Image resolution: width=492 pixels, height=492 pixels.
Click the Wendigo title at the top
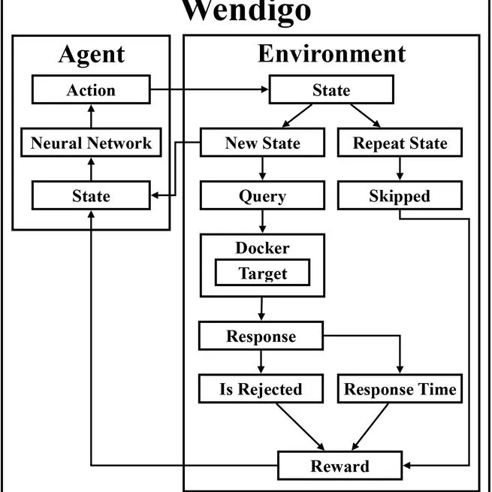246,11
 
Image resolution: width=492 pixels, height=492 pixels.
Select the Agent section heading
91,55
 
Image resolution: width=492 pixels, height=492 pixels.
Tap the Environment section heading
331,54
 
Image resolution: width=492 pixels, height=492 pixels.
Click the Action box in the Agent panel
91,91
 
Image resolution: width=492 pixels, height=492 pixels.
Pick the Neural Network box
91,143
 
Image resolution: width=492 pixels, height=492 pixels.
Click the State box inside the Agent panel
91,196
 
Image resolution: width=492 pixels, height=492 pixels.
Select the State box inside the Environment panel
331,91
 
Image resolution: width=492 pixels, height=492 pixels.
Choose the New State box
262,143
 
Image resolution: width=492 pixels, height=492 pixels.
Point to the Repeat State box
400,143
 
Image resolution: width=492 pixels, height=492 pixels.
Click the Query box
262,196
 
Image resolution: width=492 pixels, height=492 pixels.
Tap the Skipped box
400,196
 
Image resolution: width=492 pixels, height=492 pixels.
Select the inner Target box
262,273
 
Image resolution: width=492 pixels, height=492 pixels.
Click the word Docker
262,248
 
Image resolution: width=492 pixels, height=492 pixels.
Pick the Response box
261,336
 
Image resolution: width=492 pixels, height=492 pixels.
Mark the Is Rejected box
261,389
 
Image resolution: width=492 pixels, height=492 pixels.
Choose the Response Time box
400,389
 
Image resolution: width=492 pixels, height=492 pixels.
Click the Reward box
340,466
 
